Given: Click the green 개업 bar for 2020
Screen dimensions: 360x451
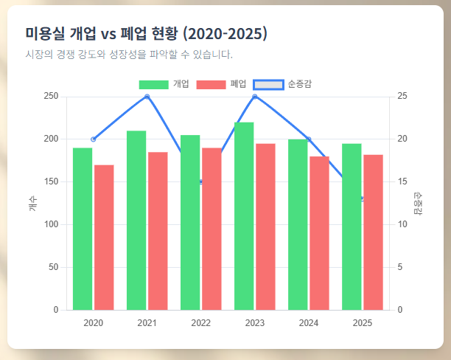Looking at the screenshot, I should [x=83, y=229].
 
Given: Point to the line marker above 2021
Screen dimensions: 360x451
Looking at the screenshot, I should [x=147, y=97].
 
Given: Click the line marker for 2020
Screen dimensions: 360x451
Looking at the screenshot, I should [x=93, y=139].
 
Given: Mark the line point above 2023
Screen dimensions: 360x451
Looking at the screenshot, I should [x=255, y=97].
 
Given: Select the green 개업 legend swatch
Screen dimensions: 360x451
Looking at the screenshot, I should [x=153, y=84].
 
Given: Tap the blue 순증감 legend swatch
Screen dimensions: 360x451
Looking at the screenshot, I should [x=268, y=84].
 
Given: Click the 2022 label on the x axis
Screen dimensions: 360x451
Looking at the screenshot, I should [x=200, y=322].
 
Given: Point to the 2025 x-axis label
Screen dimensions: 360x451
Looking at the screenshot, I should [x=363, y=322].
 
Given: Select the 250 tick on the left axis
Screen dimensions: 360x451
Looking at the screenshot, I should [x=51, y=97].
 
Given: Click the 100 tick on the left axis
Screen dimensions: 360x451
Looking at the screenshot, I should [x=51, y=224].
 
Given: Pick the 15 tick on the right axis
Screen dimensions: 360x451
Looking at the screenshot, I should [x=402, y=182].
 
